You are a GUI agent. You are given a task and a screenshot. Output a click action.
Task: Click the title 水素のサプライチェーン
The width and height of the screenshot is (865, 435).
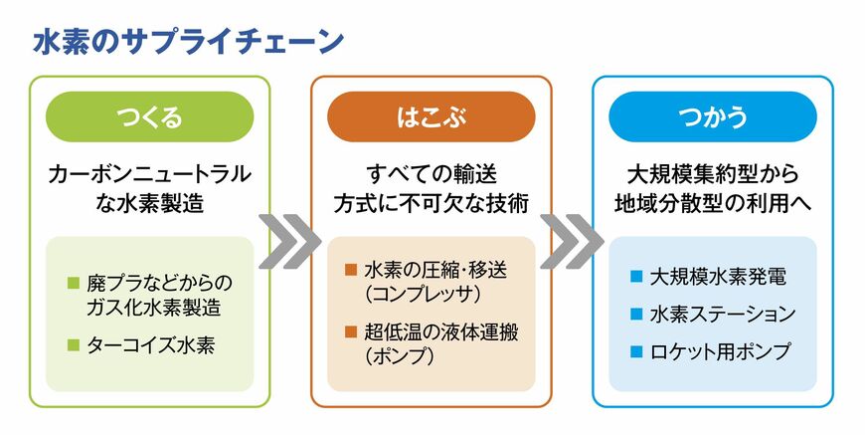(x=189, y=41)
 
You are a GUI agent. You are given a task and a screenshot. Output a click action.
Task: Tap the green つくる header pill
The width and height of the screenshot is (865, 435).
(x=149, y=117)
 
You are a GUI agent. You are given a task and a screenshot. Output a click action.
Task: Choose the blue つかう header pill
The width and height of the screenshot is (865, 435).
(x=713, y=117)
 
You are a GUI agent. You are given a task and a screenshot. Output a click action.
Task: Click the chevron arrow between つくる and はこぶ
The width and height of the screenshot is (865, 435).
(x=289, y=240)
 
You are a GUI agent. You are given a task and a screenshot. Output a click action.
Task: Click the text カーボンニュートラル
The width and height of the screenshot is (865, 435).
(x=149, y=175)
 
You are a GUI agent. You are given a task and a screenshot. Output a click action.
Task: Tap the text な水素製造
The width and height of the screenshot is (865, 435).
(x=149, y=203)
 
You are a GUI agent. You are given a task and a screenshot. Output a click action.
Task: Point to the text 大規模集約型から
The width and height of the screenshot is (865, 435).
(x=713, y=175)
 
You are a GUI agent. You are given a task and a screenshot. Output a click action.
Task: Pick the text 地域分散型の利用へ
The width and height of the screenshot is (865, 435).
(x=713, y=203)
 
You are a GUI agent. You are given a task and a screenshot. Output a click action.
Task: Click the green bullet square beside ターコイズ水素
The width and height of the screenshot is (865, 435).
(x=73, y=345)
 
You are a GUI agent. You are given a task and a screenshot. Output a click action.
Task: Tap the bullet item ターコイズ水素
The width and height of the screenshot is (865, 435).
(x=154, y=345)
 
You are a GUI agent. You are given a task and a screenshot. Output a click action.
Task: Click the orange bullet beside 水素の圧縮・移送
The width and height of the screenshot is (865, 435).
(x=350, y=270)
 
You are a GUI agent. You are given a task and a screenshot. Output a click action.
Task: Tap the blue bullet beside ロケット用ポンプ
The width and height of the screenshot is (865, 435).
(x=636, y=351)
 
